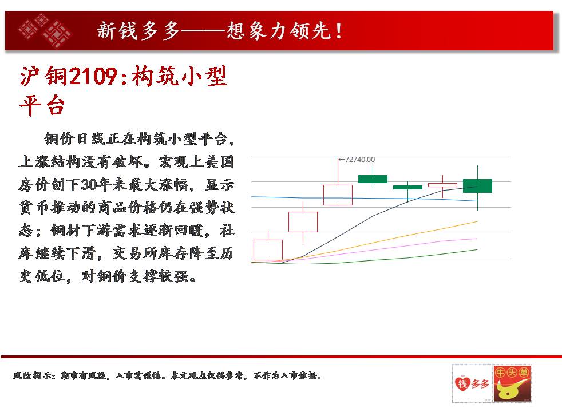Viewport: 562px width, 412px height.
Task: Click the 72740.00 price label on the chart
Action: coord(360,160)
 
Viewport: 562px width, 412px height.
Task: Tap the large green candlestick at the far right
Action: coord(477,186)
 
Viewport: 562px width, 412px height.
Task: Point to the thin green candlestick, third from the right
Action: coord(407,187)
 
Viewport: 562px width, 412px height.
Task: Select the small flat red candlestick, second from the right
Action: coord(442,185)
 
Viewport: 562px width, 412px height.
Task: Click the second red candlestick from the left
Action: coord(303,222)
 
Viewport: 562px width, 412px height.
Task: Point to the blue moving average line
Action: coord(364,199)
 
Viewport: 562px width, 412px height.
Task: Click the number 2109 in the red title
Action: coord(93,76)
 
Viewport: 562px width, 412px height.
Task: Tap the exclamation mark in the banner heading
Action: coord(338,31)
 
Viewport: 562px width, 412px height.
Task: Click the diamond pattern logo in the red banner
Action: coord(45,30)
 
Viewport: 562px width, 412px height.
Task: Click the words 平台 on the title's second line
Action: coord(42,106)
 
